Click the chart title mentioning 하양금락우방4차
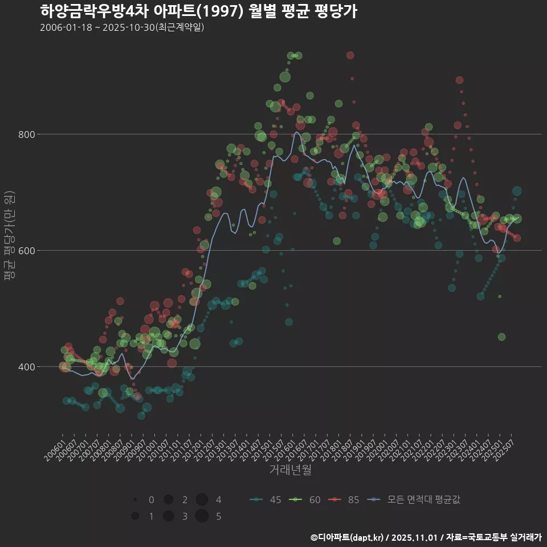(198, 11)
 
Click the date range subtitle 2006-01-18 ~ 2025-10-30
(122, 27)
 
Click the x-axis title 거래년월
(290, 470)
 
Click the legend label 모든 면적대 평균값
(423, 500)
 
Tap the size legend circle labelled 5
(202, 516)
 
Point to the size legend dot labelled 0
(135, 500)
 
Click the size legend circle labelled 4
(202, 500)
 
